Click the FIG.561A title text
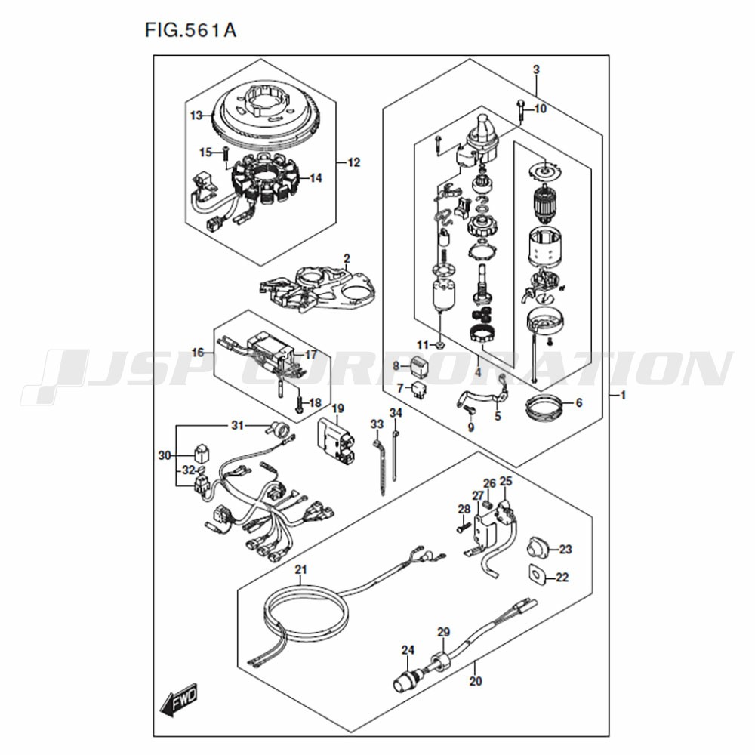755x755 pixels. pos(191,30)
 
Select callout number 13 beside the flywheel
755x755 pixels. pos(196,116)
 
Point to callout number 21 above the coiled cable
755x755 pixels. pos(301,569)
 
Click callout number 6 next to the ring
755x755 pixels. pos(579,402)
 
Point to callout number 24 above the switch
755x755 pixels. pos(408,651)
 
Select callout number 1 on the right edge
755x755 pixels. pos(623,396)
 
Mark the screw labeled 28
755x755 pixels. pos(463,528)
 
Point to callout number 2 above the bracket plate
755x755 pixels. pos(347,260)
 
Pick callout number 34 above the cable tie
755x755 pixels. pos(396,413)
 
